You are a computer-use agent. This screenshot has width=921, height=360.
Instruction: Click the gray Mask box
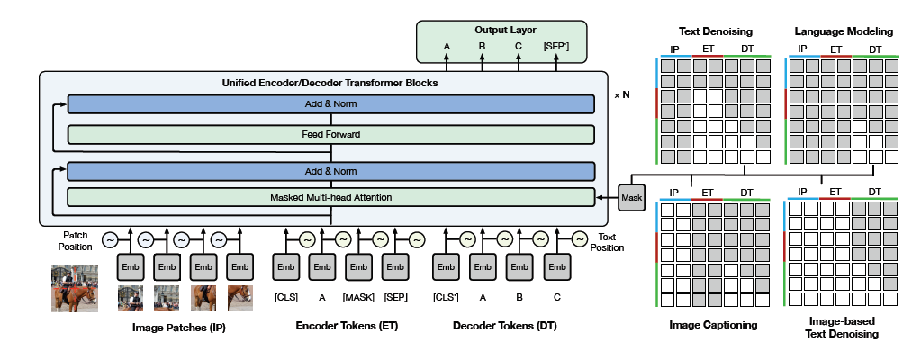[632, 196]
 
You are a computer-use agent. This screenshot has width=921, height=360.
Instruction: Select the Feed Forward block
[330, 135]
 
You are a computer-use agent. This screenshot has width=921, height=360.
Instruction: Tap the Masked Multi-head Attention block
[330, 197]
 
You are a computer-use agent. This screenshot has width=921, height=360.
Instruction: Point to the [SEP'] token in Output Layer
[556, 47]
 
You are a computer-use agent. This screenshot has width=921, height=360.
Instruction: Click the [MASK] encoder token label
[358, 297]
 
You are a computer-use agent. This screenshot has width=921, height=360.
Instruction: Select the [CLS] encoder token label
[285, 297]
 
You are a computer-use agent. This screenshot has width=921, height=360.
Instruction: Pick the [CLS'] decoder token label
[446, 297]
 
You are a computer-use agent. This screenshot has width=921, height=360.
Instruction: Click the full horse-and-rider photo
[74, 287]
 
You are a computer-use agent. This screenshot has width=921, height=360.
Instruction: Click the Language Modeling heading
[844, 31]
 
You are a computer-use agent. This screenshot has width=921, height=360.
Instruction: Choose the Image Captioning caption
[713, 325]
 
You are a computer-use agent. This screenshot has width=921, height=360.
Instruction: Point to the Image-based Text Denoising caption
[843, 328]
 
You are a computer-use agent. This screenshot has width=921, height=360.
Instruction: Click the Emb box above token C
[556, 267]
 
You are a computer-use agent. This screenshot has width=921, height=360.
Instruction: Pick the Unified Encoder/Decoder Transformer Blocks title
[330, 83]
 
